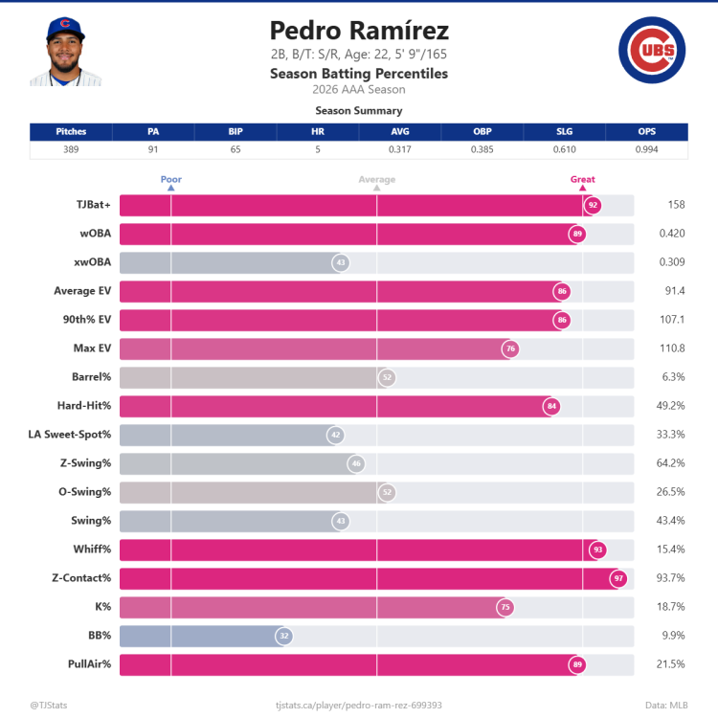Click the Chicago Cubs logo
point(651,51)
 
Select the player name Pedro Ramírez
point(359,31)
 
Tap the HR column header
point(318,132)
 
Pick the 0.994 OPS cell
point(647,149)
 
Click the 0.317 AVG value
point(400,149)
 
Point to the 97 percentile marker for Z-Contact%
point(618,578)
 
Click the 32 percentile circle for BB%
point(283,636)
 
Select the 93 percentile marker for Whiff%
point(597,550)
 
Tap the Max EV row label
point(92,348)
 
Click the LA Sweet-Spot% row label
point(70,435)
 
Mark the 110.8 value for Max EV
point(672,348)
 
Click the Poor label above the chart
point(171,179)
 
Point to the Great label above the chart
point(582,179)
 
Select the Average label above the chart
point(376,179)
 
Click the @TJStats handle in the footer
point(47,705)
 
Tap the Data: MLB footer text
point(666,705)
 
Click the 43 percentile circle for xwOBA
point(340,262)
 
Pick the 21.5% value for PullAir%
point(672,664)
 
